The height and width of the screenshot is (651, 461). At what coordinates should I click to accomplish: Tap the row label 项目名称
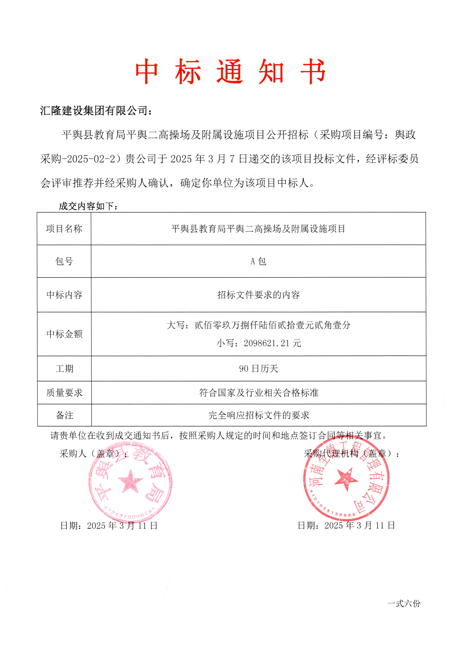[x=64, y=229]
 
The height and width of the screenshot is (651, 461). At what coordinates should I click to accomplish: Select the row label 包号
[x=64, y=261]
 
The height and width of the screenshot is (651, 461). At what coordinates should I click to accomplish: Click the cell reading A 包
[x=258, y=261]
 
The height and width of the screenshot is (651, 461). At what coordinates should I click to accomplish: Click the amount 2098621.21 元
[x=259, y=343]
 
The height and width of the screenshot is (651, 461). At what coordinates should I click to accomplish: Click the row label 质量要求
[x=64, y=393]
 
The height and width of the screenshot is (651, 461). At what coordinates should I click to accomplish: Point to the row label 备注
[x=64, y=415]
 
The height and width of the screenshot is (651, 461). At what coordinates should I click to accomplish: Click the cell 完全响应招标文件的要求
[x=259, y=415]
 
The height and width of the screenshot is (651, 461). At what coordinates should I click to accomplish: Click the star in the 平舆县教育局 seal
[x=130, y=481]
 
